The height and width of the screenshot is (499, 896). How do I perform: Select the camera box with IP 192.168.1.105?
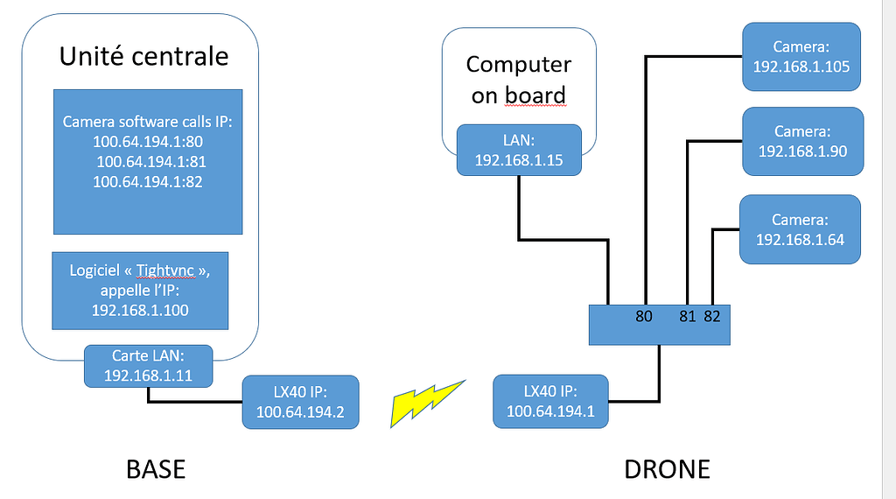pyautogui.click(x=802, y=56)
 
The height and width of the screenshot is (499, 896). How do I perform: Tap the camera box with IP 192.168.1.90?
pyautogui.click(x=802, y=141)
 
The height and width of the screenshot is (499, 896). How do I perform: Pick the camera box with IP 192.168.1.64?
pyautogui.click(x=800, y=229)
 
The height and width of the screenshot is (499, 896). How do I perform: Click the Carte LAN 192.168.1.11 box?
pyautogui.click(x=148, y=366)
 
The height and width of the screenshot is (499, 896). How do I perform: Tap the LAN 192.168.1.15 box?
pyautogui.click(x=519, y=150)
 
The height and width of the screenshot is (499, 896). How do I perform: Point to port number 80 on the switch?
pyautogui.click(x=645, y=317)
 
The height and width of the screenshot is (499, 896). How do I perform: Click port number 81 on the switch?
pyautogui.click(x=688, y=317)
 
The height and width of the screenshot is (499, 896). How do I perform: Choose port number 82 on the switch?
pyautogui.click(x=711, y=317)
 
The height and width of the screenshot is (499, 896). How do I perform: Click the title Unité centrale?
pyautogui.click(x=143, y=57)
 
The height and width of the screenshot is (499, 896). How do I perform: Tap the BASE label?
pyautogui.click(x=157, y=469)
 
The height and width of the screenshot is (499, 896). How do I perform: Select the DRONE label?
pyautogui.click(x=667, y=469)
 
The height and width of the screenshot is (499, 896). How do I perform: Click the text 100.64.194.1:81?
pyautogui.click(x=150, y=161)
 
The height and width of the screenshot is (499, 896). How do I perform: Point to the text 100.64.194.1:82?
pyautogui.click(x=147, y=181)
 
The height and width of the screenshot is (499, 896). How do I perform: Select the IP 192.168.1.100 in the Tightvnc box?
pyautogui.click(x=140, y=310)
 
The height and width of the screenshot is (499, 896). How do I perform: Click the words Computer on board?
pyautogui.click(x=518, y=80)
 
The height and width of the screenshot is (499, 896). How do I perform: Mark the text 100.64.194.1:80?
pyautogui.click(x=147, y=141)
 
